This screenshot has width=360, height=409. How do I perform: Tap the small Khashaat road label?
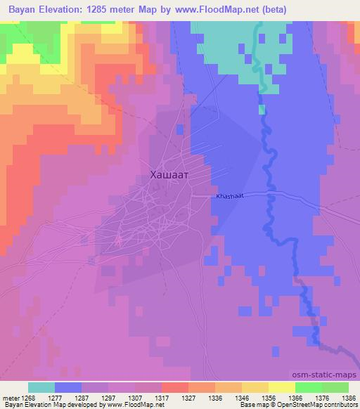(230, 197)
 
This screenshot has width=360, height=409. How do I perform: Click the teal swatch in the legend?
(41, 387)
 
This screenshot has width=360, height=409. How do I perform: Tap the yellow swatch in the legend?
(281, 387)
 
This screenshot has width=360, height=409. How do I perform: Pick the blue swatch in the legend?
(68, 387)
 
